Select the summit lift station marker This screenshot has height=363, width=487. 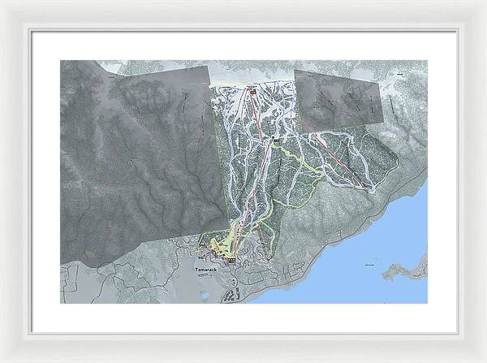coord(252,91)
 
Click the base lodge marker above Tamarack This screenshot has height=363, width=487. coord(231,260)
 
